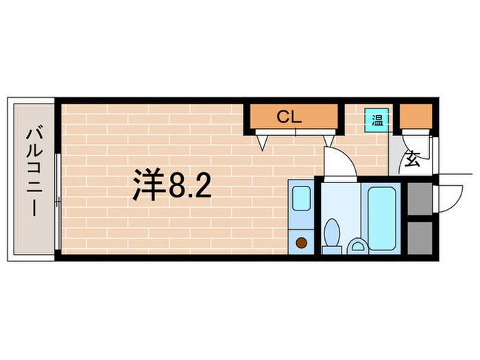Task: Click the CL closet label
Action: point(289,117)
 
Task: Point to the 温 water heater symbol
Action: point(377,120)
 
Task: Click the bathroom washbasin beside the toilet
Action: point(357,245)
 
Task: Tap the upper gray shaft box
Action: point(418,199)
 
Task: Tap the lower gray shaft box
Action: point(418,237)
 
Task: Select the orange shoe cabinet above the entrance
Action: point(416,117)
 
